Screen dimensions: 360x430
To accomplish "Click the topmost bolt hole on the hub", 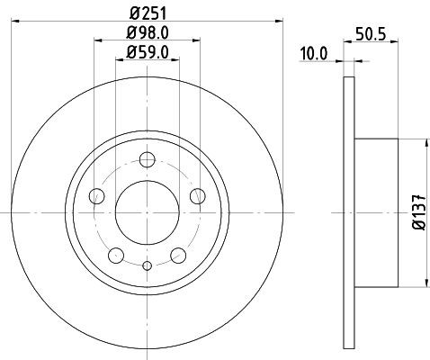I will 148,160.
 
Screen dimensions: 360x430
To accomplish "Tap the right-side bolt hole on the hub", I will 198,196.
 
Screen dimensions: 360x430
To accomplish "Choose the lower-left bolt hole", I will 116,256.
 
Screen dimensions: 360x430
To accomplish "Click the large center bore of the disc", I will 148,213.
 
